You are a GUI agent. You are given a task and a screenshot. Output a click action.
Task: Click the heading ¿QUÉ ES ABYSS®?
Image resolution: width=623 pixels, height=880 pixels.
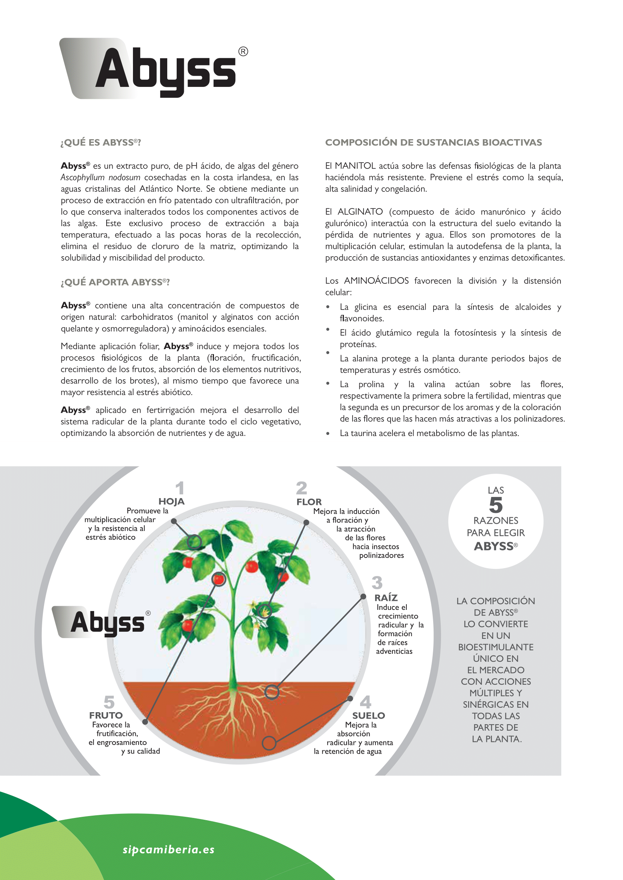(101, 143)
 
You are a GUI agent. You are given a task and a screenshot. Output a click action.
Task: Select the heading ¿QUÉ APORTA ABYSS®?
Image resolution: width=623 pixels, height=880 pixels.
(115, 282)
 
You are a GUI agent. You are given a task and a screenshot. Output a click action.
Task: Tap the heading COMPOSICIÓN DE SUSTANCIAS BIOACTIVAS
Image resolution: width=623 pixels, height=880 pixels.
(434, 143)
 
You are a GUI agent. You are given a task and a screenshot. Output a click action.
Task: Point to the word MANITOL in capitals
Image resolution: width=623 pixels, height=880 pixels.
(355, 166)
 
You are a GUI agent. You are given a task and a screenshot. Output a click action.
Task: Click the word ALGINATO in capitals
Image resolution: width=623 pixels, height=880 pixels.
(360, 212)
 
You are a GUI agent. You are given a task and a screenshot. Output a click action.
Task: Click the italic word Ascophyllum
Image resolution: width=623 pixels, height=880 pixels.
(82, 178)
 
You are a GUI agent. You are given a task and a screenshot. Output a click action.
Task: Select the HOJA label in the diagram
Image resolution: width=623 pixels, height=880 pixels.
(171, 502)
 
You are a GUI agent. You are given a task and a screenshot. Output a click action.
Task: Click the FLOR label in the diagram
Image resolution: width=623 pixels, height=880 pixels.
(309, 502)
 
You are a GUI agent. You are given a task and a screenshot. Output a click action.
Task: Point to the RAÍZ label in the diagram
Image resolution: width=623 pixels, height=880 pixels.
(386, 598)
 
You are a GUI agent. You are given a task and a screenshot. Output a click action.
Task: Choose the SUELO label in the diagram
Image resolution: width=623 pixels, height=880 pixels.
(368, 716)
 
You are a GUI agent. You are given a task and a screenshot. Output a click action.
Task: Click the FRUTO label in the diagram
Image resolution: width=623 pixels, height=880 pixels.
(106, 716)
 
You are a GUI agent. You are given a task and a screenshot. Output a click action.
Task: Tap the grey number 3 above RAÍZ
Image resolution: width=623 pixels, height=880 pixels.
(377, 583)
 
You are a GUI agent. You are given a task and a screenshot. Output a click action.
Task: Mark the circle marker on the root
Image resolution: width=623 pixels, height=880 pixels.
(272, 692)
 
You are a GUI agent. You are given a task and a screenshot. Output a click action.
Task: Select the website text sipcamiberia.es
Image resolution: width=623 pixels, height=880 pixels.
(168, 850)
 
